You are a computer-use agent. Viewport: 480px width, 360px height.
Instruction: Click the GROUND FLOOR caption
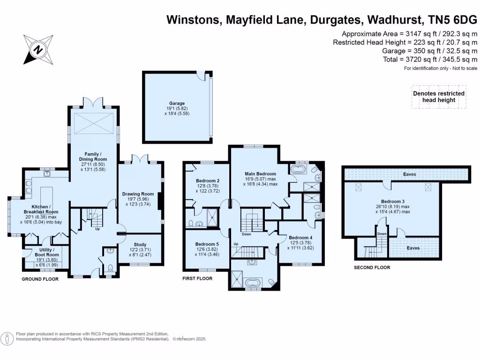pyautogui.click(x=40, y=279)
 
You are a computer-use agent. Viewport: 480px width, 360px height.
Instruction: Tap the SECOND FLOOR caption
pyautogui.click(x=372, y=268)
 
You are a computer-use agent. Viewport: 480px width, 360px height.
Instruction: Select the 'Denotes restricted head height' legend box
pyautogui.click(x=439, y=97)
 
